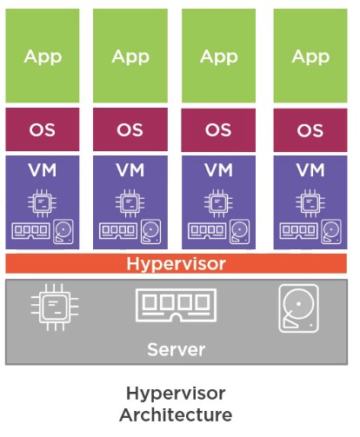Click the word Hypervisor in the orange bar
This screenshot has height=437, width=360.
tap(176, 264)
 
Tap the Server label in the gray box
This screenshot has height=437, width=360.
tap(177, 349)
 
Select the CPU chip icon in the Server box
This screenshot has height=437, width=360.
tap(55, 307)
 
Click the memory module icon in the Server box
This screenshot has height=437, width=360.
tap(176, 305)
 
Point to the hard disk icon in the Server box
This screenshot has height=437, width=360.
tap(298, 308)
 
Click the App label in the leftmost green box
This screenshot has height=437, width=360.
tap(43, 56)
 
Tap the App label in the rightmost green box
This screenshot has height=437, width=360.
tap(310, 56)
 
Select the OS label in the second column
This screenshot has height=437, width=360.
tap(130, 129)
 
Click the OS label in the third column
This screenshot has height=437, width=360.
tap(218, 129)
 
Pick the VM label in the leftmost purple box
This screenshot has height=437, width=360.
tap(43, 170)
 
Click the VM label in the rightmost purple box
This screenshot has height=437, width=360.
tap(310, 170)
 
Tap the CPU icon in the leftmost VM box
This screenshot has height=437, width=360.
tap(43, 203)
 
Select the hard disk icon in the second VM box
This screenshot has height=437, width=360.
tap(150, 232)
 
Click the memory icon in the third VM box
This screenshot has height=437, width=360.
tap(207, 231)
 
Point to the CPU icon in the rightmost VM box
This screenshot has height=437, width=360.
tap(310, 203)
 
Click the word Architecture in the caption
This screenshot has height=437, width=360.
tap(176, 414)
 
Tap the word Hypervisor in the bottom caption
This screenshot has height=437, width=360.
tap(176, 394)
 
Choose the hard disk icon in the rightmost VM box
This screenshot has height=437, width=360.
tap(331, 232)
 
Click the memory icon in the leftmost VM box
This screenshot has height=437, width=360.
tap(30, 231)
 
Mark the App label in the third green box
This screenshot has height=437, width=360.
tap(219, 56)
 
